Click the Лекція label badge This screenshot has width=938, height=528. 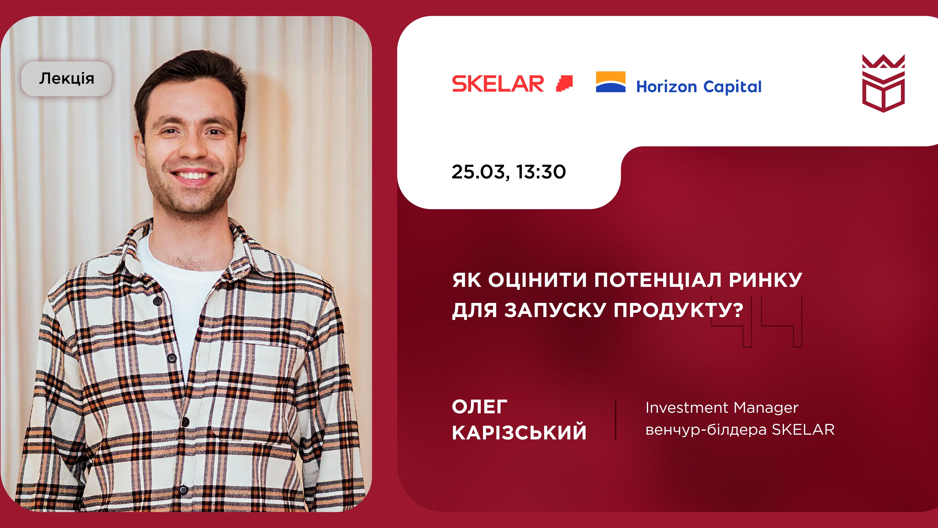click(x=66, y=79)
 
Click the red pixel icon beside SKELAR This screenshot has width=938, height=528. click(x=564, y=83)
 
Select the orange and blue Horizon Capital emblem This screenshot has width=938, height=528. click(x=611, y=82)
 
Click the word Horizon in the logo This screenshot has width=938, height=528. click(x=666, y=87)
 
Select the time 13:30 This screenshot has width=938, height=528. click(x=541, y=172)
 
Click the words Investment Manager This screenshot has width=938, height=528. click(x=722, y=408)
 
